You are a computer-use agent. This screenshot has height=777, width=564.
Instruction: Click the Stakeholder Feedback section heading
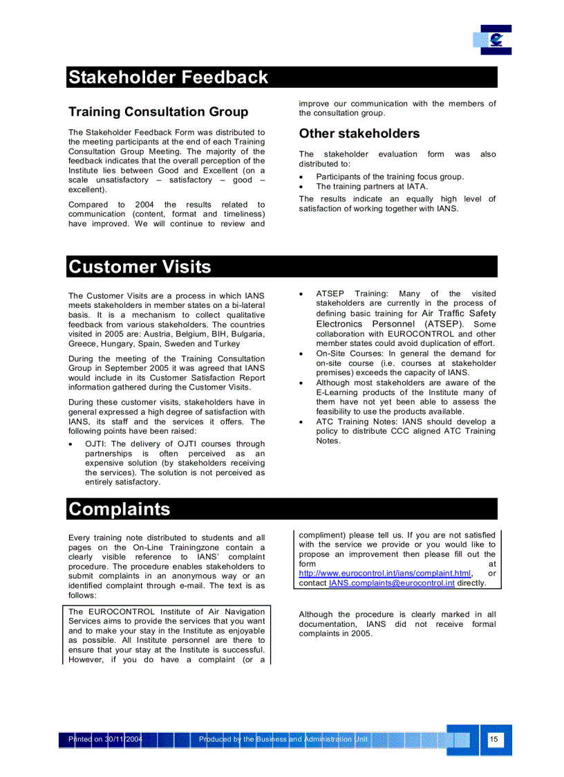tap(168, 77)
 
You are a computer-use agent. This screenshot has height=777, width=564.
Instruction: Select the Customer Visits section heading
tap(140, 267)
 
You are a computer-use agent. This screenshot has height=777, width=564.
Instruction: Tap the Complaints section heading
tap(120, 509)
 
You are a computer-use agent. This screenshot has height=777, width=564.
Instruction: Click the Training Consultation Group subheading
tap(158, 112)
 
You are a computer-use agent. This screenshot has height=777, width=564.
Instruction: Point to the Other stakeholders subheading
tap(359, 134)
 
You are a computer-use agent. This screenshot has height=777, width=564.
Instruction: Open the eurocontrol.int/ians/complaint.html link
tap(385, 574)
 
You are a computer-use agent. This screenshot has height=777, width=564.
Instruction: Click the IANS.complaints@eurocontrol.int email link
tap(391, 583)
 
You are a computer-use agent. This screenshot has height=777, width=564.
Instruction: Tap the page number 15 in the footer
tap(493, 740)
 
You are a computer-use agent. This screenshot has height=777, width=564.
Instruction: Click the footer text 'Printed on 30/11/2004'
tap(106, 740)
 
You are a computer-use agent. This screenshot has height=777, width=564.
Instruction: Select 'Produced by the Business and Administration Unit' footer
tap(283, 740)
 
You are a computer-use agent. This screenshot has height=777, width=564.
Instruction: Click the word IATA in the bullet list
tap(416, 187)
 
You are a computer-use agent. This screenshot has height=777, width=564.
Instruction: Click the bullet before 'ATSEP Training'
tap(302, 294)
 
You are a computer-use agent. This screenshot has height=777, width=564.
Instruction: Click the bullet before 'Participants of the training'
tap(302, 177)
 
